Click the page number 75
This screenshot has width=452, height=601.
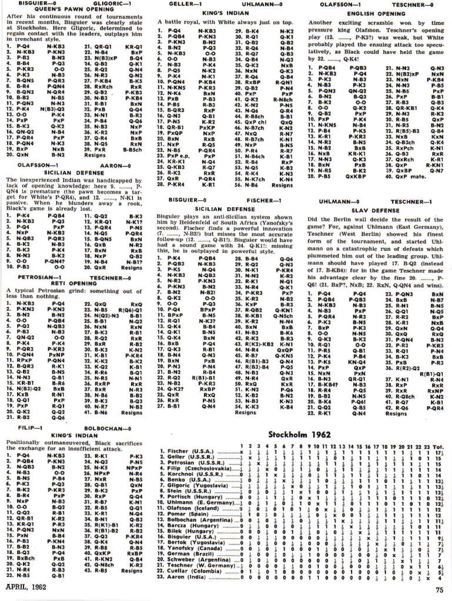click(x=439, y=590)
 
